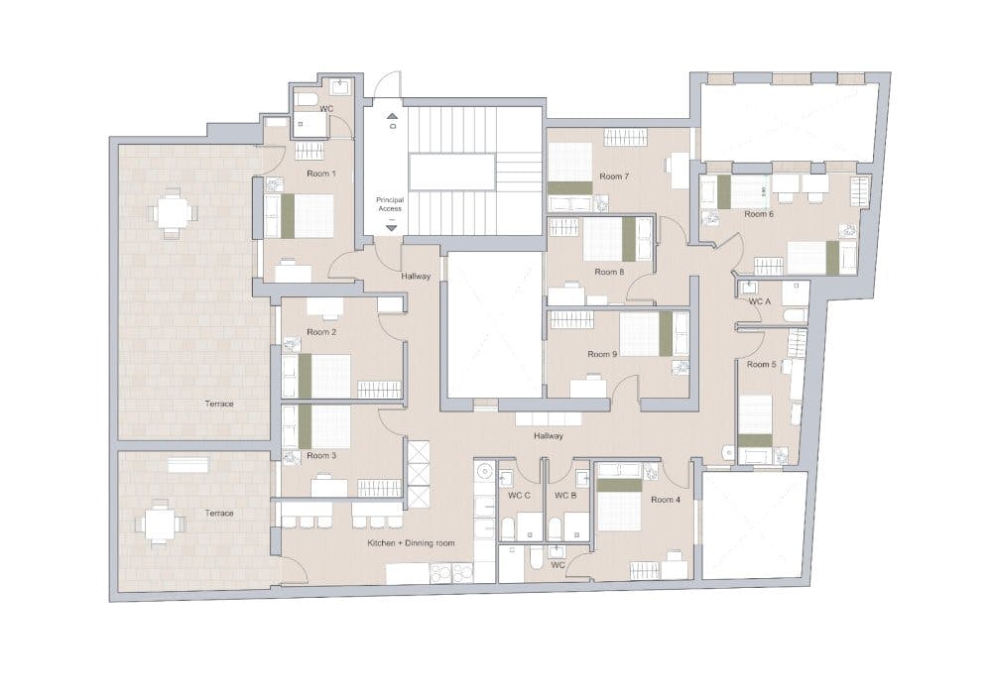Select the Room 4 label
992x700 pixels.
666,500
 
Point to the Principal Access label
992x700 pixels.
390,205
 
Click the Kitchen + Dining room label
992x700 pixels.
412,543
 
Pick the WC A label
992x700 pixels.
760,300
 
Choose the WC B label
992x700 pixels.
565,495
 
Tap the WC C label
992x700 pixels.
520,495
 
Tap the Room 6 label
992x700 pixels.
758,214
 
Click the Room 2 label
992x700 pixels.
321,332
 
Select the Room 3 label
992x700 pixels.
321,456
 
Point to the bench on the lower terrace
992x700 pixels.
188,464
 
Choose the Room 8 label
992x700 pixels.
609,272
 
